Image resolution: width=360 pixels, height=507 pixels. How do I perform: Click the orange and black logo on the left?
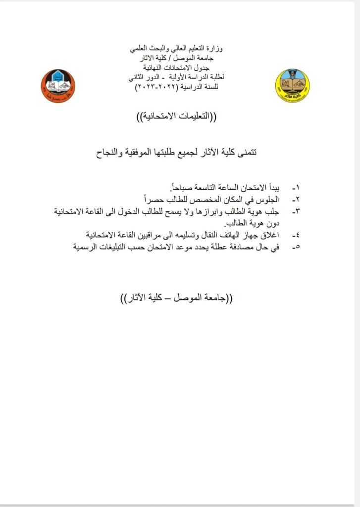(58, 86)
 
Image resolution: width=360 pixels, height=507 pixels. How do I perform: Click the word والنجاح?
(109, 153)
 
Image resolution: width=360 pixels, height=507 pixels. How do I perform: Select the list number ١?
(296, 189)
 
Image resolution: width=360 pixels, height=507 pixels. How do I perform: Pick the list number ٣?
(296, 211)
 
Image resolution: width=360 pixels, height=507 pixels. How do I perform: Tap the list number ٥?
(296, 246)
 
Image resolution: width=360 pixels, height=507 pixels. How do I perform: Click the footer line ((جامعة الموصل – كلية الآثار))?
(176, 299)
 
